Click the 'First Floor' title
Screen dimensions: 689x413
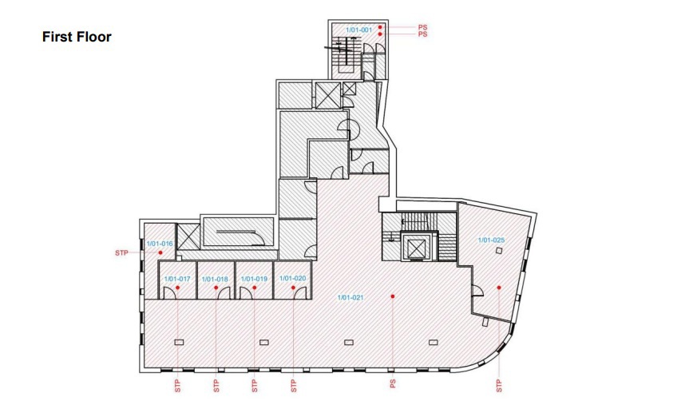tap(77, 37)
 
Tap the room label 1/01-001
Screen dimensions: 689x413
tap(359, 30)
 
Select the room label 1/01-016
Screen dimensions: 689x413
tap(160, 243)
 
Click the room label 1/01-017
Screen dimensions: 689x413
tap(177, 279)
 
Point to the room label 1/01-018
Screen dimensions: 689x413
tap(215, 279)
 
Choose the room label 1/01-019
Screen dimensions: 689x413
tap(254, 279)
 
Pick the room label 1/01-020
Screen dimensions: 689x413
tap(293, 278)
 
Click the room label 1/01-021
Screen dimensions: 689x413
tap(350, 297)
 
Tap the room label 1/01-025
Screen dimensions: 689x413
tap(491, 240)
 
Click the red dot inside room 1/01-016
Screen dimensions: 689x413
tap(160, 252)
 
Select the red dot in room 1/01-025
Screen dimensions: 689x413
tap(499, 288)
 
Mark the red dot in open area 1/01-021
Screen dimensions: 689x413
tap(392, 296)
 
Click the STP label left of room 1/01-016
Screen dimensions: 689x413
tap(121, 253)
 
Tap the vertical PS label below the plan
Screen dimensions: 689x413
tap(393, 384)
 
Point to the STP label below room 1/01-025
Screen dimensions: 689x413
tap(499, 386)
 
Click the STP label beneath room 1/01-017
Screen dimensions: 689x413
tap(177, 386)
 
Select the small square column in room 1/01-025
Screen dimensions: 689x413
tap(499, 250)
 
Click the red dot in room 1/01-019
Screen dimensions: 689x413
tap(255, 288)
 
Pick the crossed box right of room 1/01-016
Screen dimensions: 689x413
tap(188, 237)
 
